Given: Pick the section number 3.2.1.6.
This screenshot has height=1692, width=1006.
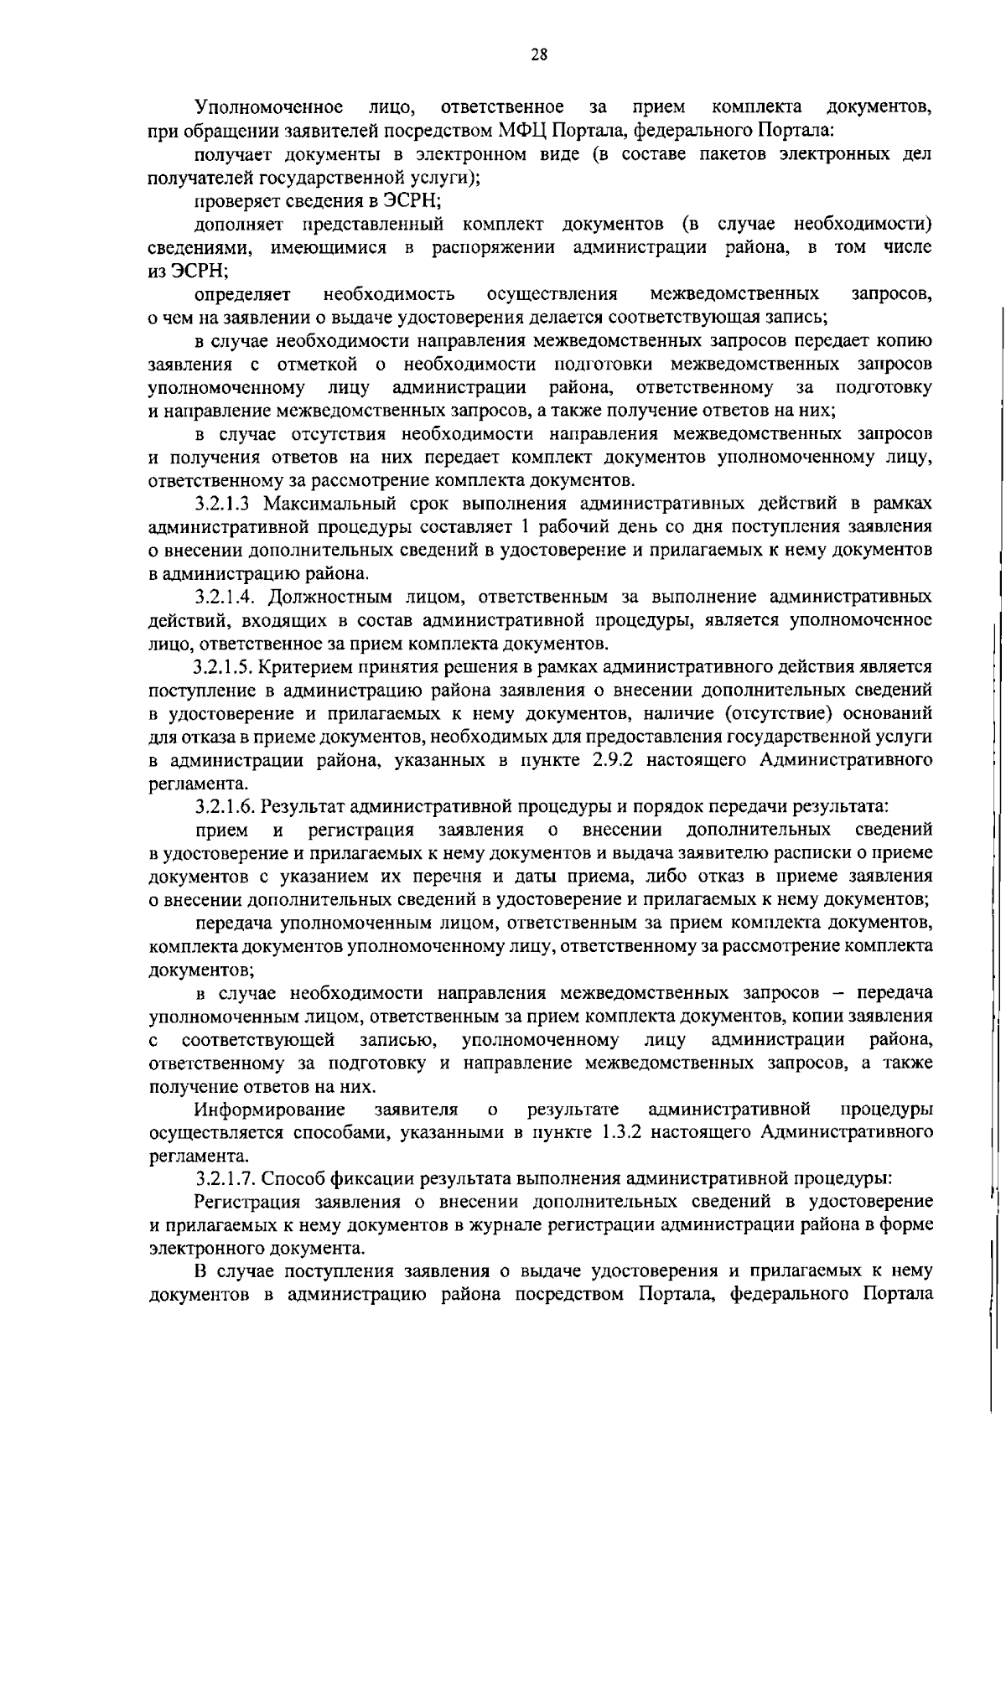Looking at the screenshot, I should click(226, 807).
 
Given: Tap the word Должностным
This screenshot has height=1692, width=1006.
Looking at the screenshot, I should click(329, 598).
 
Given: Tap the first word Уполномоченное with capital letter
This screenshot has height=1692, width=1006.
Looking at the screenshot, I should click(268, 107).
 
